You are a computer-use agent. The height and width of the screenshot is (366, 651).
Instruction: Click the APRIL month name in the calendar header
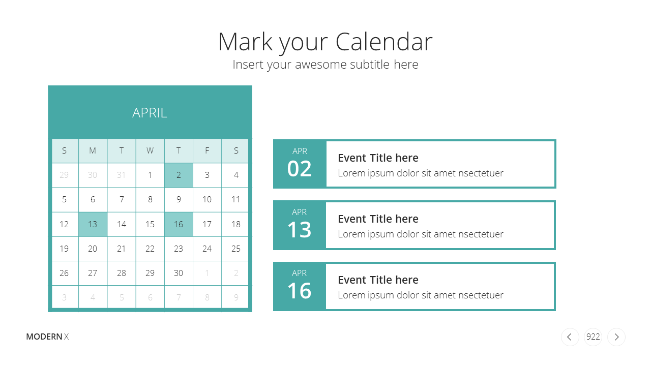pyautogui.click(x=150, y=113)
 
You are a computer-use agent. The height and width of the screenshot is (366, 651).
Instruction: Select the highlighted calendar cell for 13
pyautogui.click(x=93, y=224)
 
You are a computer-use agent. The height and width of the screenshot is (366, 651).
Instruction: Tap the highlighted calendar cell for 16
pyautogui.click(x=179, y=224)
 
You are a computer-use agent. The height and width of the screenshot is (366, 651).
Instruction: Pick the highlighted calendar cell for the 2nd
pyautogui.click(x=179, y=175)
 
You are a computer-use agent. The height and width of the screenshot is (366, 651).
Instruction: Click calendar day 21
pyautogui.click(x=121, y=249)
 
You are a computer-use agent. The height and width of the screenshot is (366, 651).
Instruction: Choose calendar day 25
pyautogui.click(x=235, y=249)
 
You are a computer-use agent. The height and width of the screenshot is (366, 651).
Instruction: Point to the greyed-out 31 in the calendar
pyautogui.click(x=121, y=175)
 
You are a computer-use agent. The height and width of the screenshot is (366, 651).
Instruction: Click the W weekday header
pyautogui.click(x=150, y=150)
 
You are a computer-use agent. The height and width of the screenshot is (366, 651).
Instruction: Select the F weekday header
pyautogui.click(x=207, y=150)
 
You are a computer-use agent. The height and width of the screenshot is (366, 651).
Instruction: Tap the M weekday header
pyautogui.click(x=93, y=150)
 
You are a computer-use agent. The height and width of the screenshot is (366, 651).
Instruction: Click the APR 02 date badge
pyautogui.click(x=300, y=164)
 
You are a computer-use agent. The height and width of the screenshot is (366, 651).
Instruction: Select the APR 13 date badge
pyautogui.click(x=300, y=225)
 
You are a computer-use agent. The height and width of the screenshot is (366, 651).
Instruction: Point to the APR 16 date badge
pyautogui.click(x=300, y=286)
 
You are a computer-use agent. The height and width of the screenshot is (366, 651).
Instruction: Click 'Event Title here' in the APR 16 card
pyautogui.click(x=378, y=280)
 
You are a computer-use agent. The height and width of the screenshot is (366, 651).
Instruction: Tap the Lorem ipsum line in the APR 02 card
pyautogui.click(x=421, y=173)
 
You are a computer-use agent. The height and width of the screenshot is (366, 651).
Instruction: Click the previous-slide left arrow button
pyautogui.click(x=570, y=337)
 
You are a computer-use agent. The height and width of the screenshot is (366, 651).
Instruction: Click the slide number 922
pyautogui.click(x=593, y=337)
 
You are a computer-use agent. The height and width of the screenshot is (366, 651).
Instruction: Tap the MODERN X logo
pyautogui.click(x=47, y=337)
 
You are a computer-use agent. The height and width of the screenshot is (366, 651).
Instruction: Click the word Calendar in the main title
pyautogui.click(x=384, y=42)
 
